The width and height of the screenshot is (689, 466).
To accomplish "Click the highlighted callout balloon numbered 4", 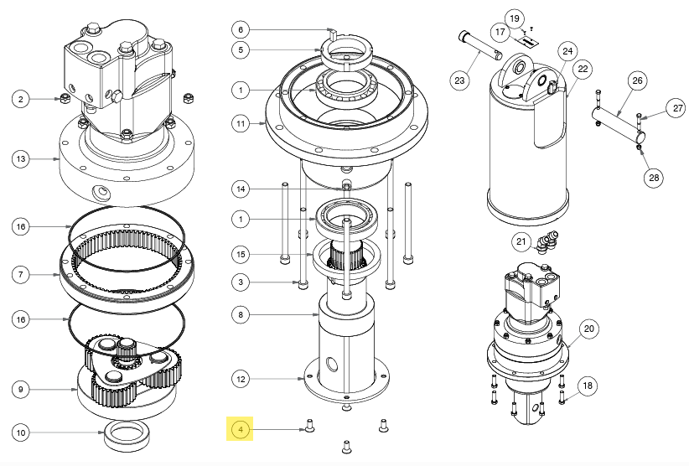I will coord(241,431).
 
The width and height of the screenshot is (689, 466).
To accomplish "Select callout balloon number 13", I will coord(23,159).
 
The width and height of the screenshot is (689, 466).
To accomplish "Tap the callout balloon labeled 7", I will coord(23,274).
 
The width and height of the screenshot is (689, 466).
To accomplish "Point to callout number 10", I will coord(23,432).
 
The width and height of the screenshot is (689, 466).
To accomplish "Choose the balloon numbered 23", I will coord(458,80).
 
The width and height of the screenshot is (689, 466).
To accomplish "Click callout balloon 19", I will coord(515,18).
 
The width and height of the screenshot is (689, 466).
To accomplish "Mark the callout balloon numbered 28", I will coord(654,177).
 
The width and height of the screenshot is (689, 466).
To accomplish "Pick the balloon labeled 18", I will coord(587,385).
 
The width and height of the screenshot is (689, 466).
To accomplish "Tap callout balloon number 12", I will coord(241,379).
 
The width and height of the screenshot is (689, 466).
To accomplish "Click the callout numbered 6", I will coord(241,29).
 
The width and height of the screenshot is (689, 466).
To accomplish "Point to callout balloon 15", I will coord(241,254).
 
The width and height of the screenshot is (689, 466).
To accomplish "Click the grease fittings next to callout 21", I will coord(548,241).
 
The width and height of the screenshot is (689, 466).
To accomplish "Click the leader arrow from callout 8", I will coord(285,315).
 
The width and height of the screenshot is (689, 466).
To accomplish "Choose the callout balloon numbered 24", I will coord(567,52).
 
